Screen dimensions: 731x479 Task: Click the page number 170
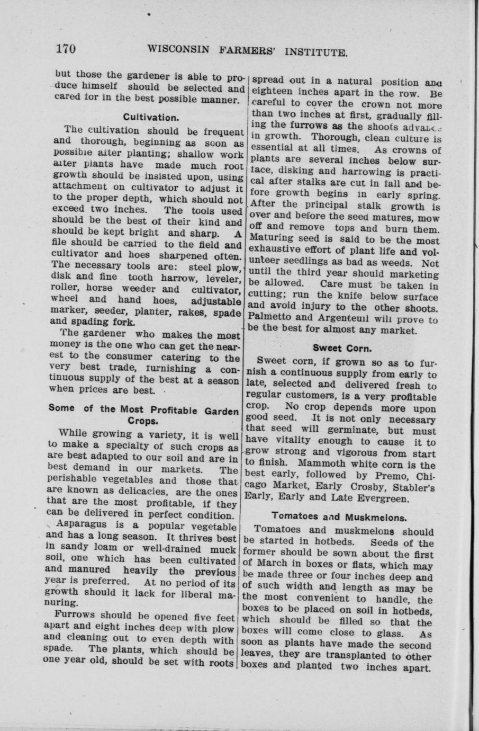pos(66,49)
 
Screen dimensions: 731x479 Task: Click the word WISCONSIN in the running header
pos(178,49)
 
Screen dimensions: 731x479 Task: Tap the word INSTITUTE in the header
pos(316,52)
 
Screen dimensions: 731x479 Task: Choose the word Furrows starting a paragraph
pos(76,616)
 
